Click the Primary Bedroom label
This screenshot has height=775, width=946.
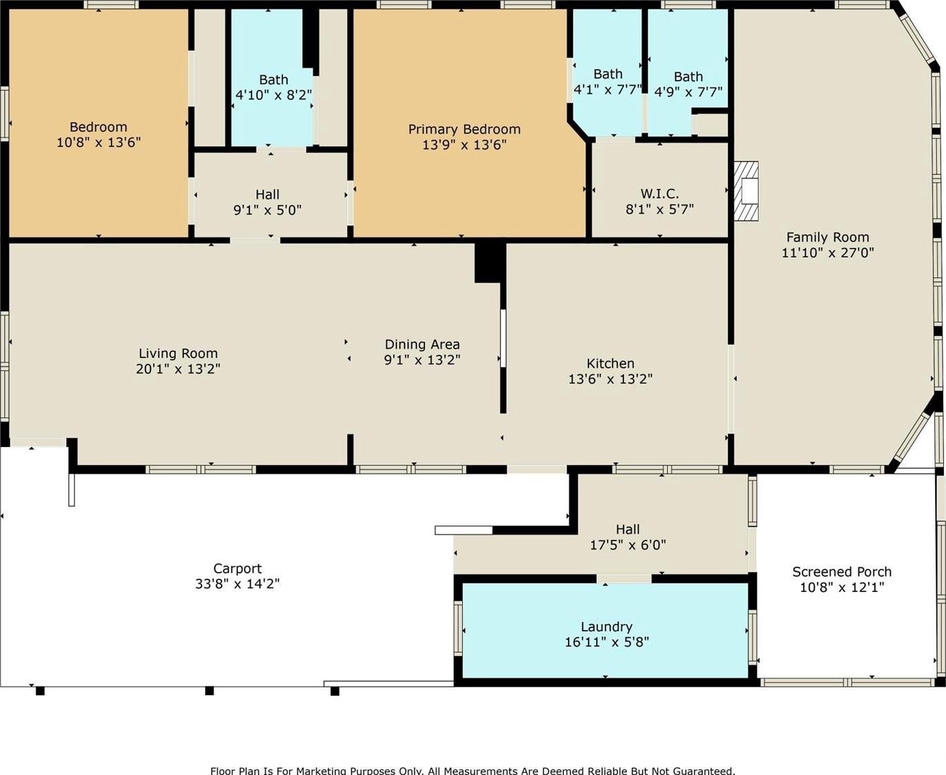(x=464, y=129)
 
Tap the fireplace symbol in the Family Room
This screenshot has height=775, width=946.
(x=746, y=191)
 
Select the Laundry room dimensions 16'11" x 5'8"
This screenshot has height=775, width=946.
(x=606, y=642)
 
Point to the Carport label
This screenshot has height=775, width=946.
(x=237, y=568)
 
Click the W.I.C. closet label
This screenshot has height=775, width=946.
(x=660, y=194)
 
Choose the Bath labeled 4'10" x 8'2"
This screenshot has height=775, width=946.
(x=273, y=80)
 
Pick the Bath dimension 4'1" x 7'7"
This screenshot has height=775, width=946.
(x=608, y=90)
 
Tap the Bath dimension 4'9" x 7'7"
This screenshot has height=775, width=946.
(x=688, y=92)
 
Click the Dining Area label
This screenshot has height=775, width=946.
(x=422, y=344)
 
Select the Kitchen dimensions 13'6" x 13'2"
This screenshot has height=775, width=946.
(x=610, y=379)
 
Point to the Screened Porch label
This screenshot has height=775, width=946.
(x=841, y=572)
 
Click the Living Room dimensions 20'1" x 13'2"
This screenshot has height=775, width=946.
(x=178, y=368)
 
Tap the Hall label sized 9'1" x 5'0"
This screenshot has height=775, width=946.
(x=267, y=195)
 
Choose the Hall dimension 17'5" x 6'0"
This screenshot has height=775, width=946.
(x=627, y=545)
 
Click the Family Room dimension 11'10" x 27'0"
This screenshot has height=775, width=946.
(x=828, y=252)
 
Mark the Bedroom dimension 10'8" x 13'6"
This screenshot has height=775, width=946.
(x=98, y=142)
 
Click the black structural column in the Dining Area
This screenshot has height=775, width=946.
(x=490, y=263)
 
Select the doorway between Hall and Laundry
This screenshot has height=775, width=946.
(x=623, y=578)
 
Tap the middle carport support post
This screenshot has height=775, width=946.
(x=209, y=691)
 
